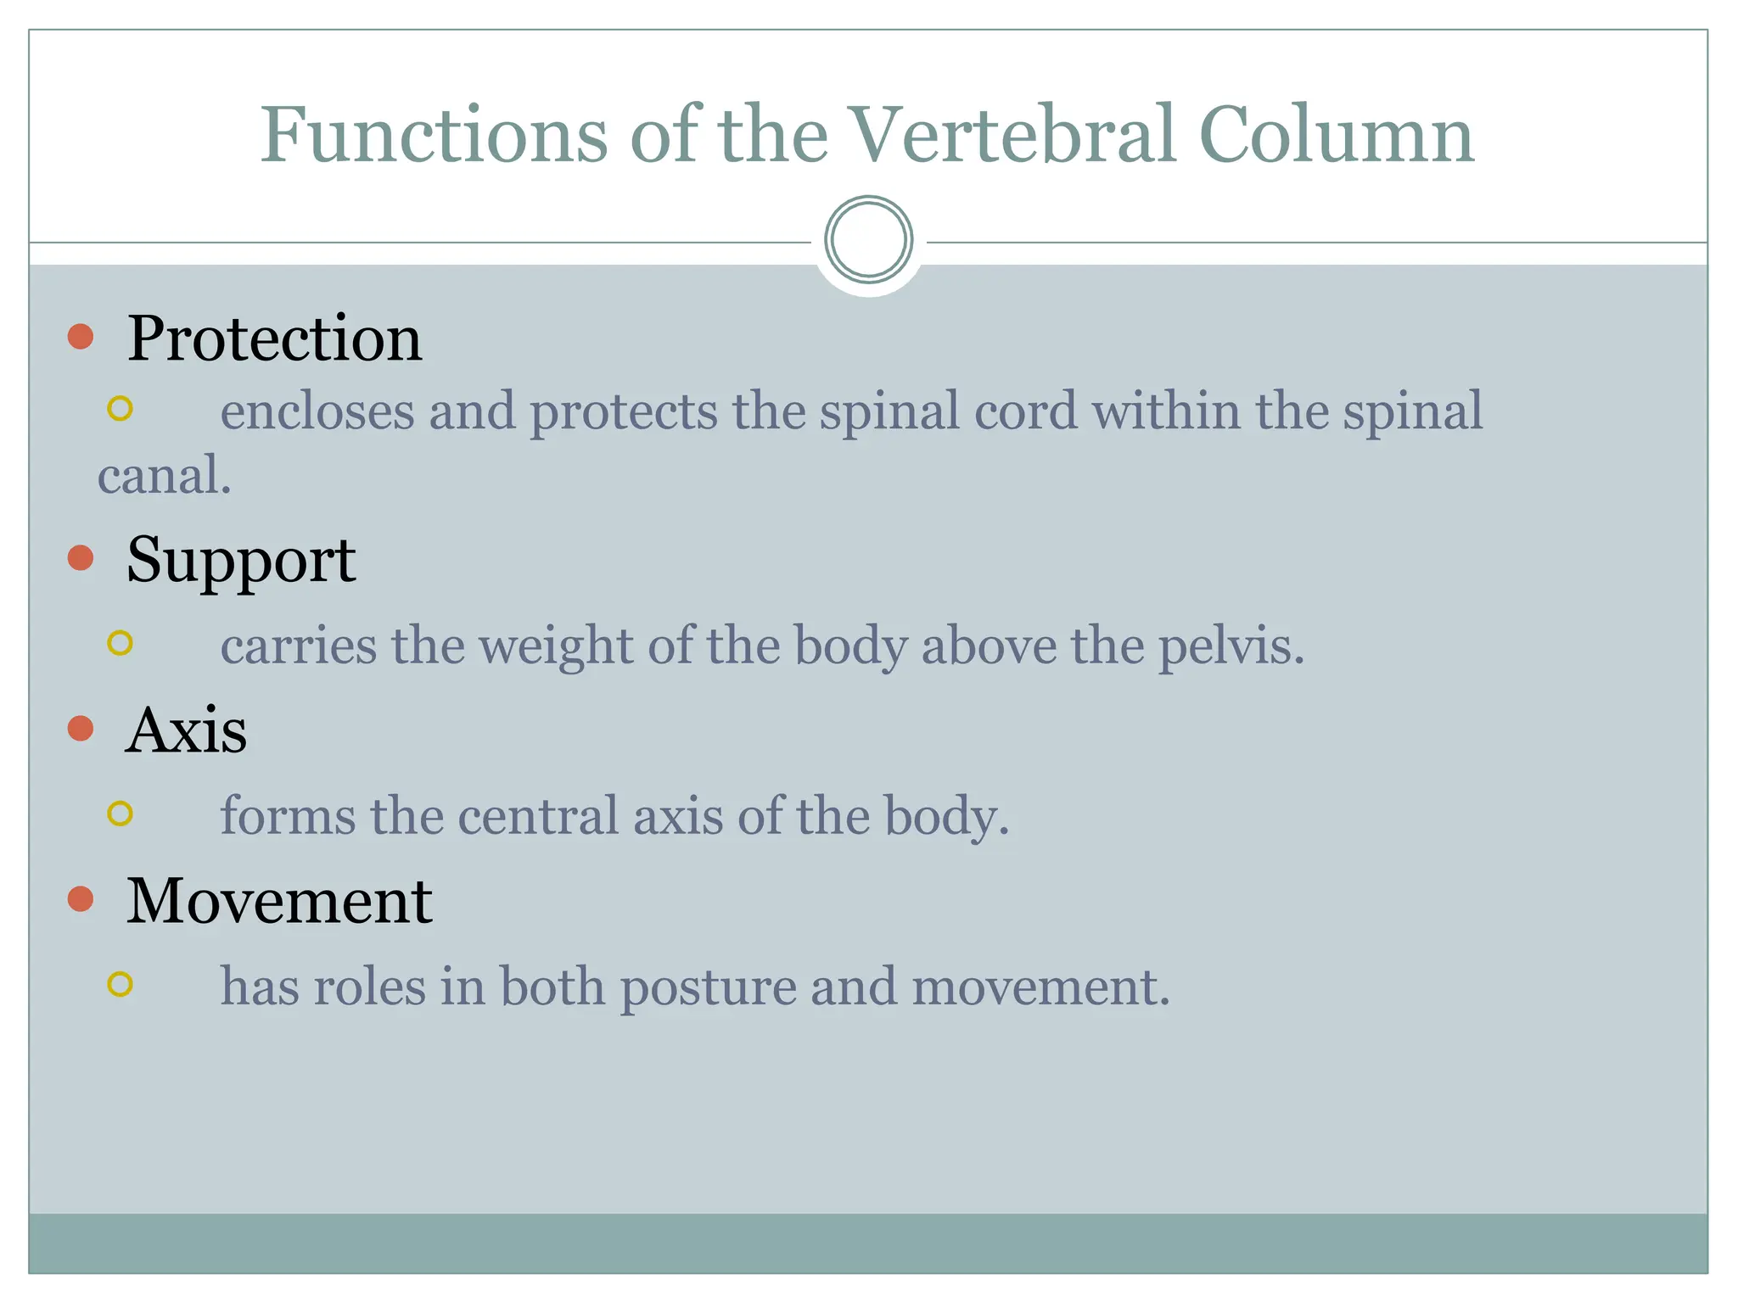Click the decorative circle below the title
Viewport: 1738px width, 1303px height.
(868, 239)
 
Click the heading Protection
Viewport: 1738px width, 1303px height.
(274, 338)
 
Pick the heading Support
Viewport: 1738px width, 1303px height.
(241, 560)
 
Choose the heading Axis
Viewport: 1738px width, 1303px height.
(187, 730)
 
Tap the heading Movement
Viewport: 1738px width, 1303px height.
(279, 900)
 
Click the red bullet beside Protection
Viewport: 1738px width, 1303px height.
(81, 337)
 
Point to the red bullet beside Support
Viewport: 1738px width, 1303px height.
(81, 557)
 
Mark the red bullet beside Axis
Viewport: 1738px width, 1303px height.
(81, 728)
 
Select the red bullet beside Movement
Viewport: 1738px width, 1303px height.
(81, 898)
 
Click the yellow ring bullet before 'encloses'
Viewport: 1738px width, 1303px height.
(121, 409)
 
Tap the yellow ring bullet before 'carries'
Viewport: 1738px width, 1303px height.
(121, 643)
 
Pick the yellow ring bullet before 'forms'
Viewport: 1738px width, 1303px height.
(121, 814)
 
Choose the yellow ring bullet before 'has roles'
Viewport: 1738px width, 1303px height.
(121, 984)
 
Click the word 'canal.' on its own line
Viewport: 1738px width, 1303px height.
(165, 476)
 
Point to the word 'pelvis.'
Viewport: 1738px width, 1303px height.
(1231, 646)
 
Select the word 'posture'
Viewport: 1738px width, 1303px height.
(707, 988)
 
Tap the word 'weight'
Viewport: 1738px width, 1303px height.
(556, 646)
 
